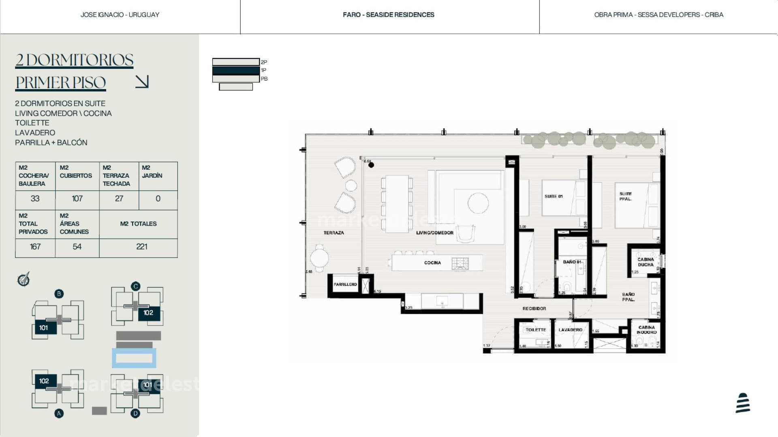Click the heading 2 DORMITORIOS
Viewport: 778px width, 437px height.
point(74,60)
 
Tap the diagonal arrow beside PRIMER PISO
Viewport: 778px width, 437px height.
point(142,81)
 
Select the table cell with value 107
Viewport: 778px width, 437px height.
point(77,199)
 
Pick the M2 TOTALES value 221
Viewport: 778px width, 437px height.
point(141,247)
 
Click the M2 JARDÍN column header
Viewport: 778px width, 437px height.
point(152,172)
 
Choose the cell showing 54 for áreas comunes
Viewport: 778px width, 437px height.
point(77,247)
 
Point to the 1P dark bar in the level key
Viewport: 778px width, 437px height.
point(236,70)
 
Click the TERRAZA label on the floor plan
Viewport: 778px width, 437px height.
point(333,233)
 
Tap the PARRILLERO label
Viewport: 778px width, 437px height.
point(345,284)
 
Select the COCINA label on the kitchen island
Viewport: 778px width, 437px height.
point(432,263)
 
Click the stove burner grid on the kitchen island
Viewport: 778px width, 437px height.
point(460,264)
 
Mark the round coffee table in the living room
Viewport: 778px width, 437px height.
point(478,203)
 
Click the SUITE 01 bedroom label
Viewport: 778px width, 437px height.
point(553,196)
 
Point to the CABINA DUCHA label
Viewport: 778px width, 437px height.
point(645,262)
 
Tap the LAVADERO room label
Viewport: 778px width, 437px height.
point(570,330)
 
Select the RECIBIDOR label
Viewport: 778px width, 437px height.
point(534,309)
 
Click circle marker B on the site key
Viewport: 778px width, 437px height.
point(59,294)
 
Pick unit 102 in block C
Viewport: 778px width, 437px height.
point(148,313)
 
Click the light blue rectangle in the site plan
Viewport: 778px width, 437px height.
point(134,358)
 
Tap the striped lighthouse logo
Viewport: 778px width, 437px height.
point(743,403)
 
